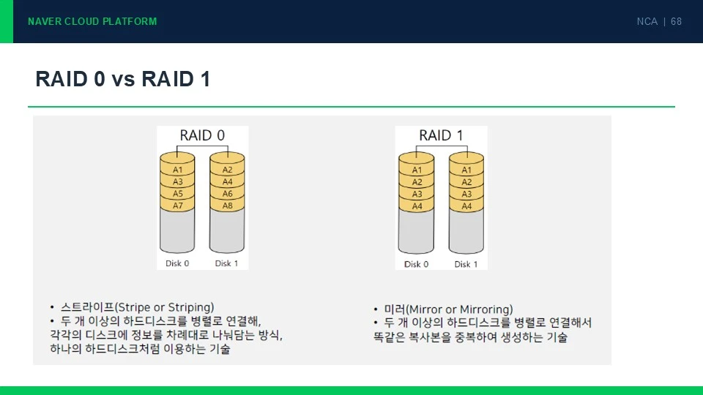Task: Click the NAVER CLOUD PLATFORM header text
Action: tap(92, 21)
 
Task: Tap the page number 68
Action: tap(676, 21)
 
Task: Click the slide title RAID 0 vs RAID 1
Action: tap(123, 79)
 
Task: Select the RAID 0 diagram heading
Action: tap(202, 135)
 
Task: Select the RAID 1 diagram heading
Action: tap(441, 135)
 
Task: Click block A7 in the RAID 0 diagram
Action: tap(177, 206)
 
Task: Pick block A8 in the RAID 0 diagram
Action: tap(227, 206)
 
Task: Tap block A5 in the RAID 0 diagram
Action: tap(177, 193)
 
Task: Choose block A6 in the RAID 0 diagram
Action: tap(227, 193)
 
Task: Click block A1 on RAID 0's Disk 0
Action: tap(177, 170)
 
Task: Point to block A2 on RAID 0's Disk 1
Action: tap(227, 170)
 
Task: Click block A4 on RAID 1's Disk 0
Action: tap(417, 206)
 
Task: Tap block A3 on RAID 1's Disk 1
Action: tap(466, 194)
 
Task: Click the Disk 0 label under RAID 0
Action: tap(177, 263)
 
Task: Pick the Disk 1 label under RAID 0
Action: tap(226, 263)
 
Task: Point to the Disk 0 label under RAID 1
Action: tap(416, 264)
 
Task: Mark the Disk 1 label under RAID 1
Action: tap(466, 264)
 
